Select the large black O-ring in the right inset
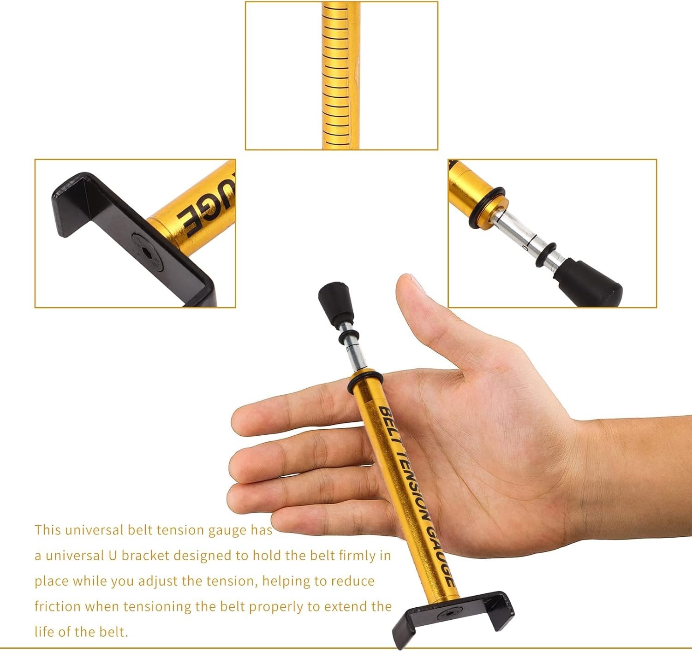pos(486,208)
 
